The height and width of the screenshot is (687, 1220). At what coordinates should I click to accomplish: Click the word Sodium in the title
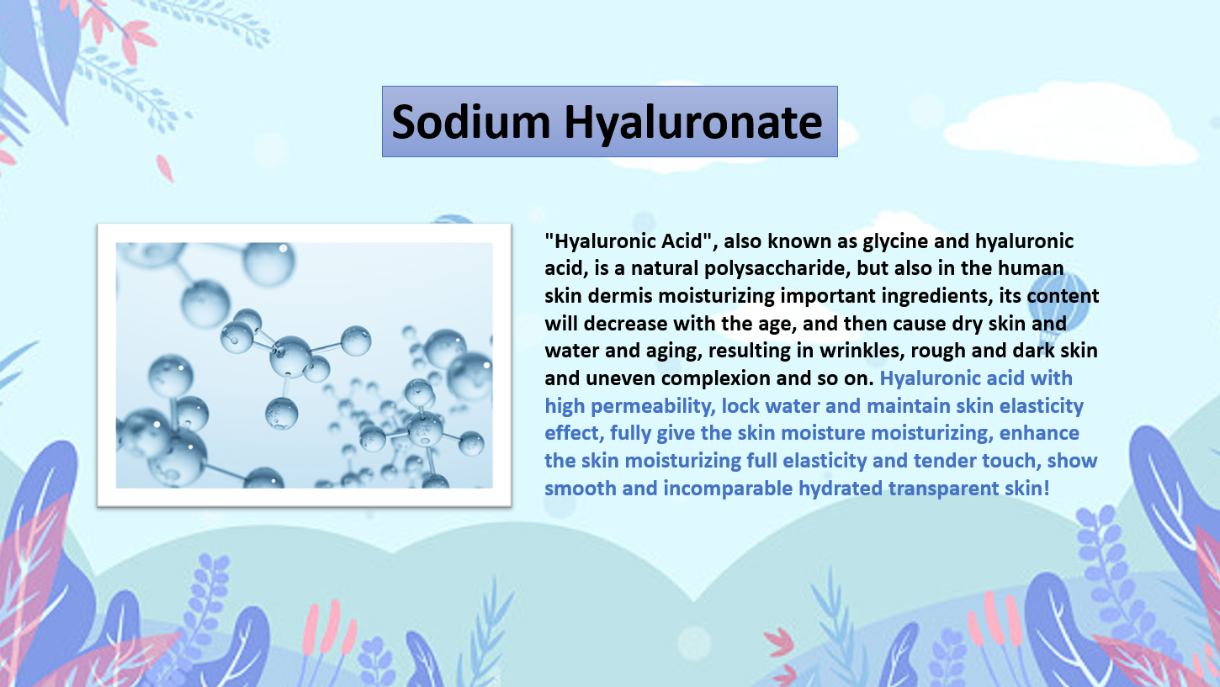[x=471, y=122]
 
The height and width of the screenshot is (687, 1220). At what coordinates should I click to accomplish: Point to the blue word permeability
[x=650, y=407]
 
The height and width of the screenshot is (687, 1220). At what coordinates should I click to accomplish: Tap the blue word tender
[x=944, y=461]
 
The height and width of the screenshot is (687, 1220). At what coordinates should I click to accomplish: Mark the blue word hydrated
[x=841, y=489]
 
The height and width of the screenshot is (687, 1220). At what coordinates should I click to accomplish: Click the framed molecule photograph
[x=305, y=365]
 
